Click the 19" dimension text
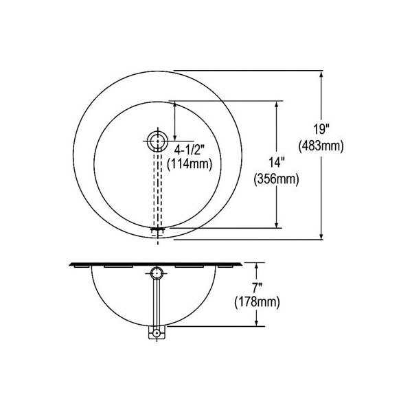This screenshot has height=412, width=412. point(321,129)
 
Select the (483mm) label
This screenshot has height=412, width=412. point(321,146)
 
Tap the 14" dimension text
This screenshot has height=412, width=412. point(277,162)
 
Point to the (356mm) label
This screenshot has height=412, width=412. point(277,179)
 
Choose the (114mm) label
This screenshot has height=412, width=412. point(190,164)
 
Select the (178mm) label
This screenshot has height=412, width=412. point(257,302)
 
